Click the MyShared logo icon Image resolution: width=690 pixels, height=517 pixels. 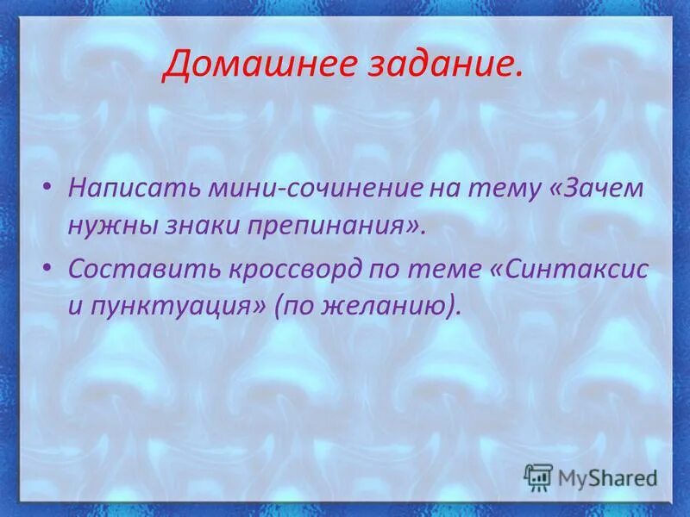(x=539, y=477)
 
